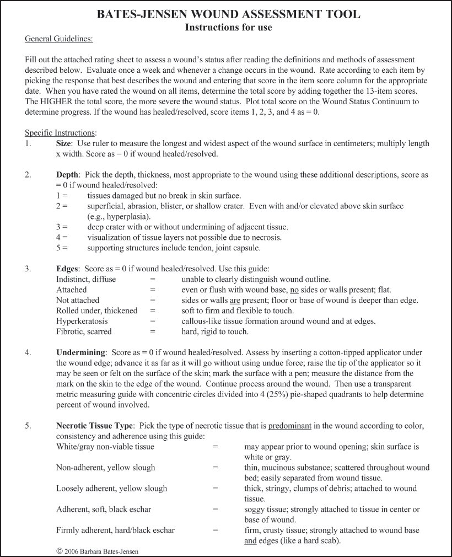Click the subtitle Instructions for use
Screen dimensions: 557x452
pyautogui.click(x=229, y=26)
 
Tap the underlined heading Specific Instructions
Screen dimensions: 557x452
pyautogui.click(x=61, y=133)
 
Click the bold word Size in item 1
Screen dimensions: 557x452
pyautogui.click(x=64, y=143)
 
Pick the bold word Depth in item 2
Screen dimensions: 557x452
pyautogui.click(x=68, y=175)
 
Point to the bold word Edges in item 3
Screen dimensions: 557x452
pyautogui.click(x=68, y=269)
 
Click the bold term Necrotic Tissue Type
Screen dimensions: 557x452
pyautogui.click(x=95, y=426)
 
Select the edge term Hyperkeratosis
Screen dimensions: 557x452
pyautogui.click(x=82, y=321)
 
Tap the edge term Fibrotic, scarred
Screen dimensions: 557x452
pyautogui.click(x=84, y=331)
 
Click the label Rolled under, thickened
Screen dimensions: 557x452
pyautogui.click(x=96, y=310)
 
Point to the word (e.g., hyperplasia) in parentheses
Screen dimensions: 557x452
pyautogui.click(x=115, y=216)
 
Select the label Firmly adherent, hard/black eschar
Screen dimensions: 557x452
pyautogui.click(x=115, y=530)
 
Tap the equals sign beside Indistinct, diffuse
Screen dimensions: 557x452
pyautogui.click(x=153, y=280)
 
